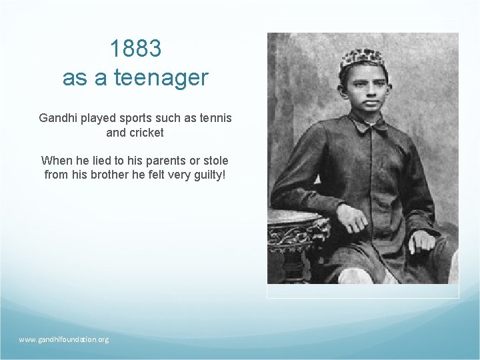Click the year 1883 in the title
[135, 49]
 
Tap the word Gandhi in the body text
[59, 118]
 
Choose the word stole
[214, 161]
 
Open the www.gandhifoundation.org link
[64, 339]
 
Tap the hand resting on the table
[351, 217]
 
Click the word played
[97, 118]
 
